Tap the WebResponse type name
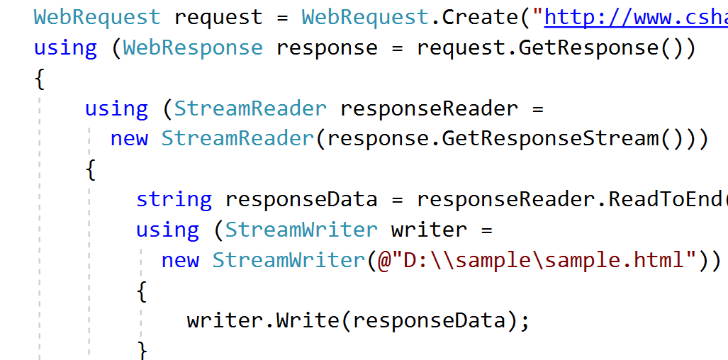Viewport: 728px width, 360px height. click(193, 48)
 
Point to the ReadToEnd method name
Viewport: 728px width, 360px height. click(666, 200)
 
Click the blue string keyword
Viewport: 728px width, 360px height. click(174, 200)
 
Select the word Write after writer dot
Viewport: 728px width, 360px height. click(308, 321)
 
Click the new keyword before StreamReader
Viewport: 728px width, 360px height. click(129, 138)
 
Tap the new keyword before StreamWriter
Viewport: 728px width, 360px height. click(180, 260)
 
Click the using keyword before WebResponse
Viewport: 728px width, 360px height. click(65, 48)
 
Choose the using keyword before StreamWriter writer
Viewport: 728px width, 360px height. click(167, 230)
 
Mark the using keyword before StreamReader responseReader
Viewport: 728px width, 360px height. click(116, 109)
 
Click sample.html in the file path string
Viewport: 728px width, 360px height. click(613, 260)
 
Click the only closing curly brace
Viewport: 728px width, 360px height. click(142, 350)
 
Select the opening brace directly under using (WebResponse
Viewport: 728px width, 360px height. click(40, 79)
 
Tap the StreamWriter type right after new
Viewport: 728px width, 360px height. click(289, 260)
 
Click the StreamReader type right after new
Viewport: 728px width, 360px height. click(237, 138)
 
